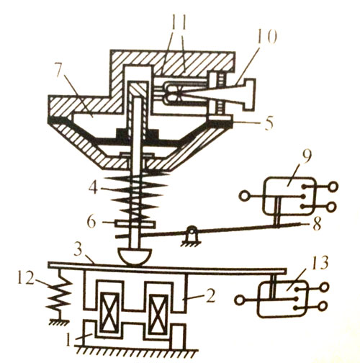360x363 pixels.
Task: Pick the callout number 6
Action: point(92,222)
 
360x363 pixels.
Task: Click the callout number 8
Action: point(316,225)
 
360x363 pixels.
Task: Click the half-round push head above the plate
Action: point(135,257)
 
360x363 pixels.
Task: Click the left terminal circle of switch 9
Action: point(244,197)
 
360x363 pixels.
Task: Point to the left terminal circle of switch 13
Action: point(239,300)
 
